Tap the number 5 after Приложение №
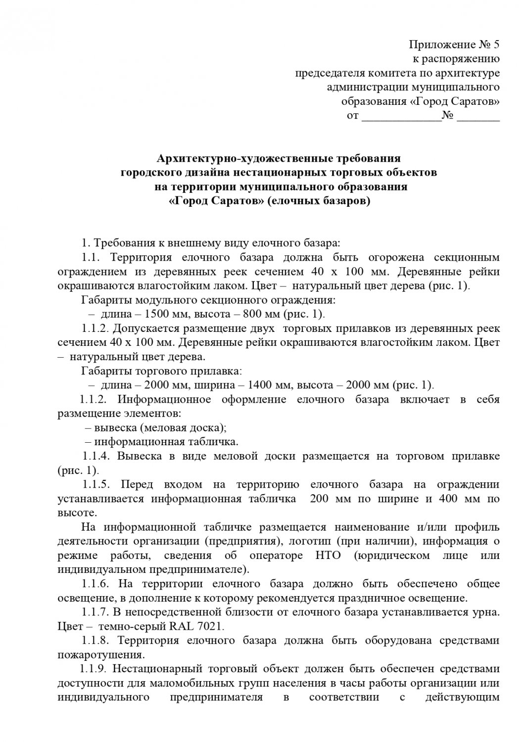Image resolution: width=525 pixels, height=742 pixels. pyautogui.click(x=496, y=45)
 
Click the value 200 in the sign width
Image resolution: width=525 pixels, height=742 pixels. pyautogui.click(x=320, y=499)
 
